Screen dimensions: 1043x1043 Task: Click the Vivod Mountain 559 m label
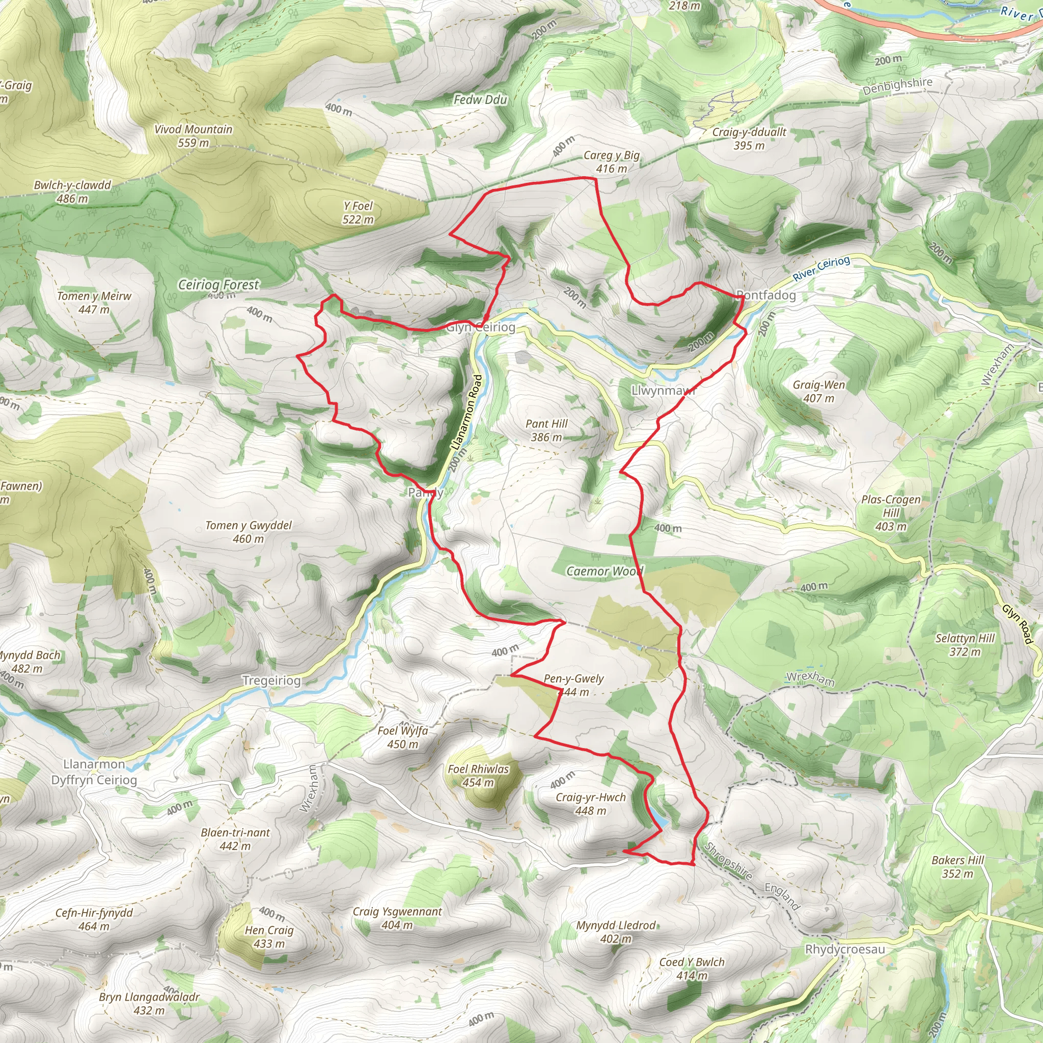pyautogui.click(x=193, y=136)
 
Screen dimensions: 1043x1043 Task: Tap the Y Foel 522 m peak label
pyautogui.click(x=358, y=213)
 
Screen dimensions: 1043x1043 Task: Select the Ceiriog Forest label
pyautogui.click(x=218, y=285)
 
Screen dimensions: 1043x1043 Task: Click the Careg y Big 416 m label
pyautogui.click(x=612, y=162)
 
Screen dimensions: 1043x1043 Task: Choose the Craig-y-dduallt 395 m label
pyautogui.click(x=749, y=139)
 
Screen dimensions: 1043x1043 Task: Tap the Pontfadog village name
pyautogui.click(x=766, y=295)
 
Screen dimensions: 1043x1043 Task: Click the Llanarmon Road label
pyautogui.click(x=466, y=414)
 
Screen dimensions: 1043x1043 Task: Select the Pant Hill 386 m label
pyautogui.click(x=546, y=430)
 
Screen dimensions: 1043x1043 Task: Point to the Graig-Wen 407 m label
pyautogui.click(x=818, y=392)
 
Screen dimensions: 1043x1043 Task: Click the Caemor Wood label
pyautogui.click(x=605, y=571)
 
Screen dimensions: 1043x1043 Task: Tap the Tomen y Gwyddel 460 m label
pyautogui.click(x=249, y=532)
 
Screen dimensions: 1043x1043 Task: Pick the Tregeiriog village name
pyautogui.click(x=271, y=681)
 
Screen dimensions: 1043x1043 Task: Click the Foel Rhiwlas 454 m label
pyautogui.click(x=478, y=775)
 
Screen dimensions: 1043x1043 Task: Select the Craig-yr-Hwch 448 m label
pyautogui.click(x=591, y=804)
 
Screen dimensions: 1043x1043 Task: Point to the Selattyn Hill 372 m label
pyautogui.click(x=965, y=645)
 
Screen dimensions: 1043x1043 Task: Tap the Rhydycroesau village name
pyautogui.click(x=845, y=950)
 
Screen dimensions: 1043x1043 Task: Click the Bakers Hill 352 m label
pyautogui.click(x=958, y=866)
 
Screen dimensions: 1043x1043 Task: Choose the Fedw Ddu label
pyautogui.click(x=480, y=99)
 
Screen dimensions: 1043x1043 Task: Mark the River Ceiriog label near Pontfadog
pyautogui.click(x=821, y=268)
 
